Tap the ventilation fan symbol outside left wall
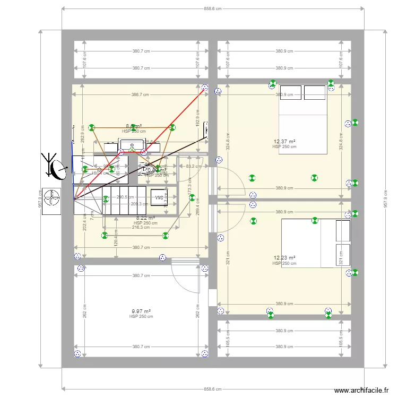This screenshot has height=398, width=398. (52, 198)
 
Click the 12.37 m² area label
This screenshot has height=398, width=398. (284, 142)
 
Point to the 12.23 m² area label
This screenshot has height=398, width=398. (284, 258)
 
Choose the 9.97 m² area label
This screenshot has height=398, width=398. (141, 312)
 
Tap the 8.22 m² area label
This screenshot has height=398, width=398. (145, 218)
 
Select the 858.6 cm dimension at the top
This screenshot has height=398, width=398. (212, 8)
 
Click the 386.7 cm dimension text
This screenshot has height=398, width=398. (140, 94)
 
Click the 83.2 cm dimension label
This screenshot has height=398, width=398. (193, 166)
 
